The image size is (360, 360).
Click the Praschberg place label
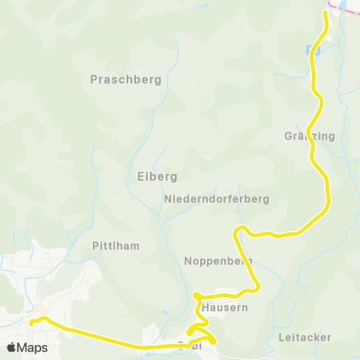[x=125, y=79]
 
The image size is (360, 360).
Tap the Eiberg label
[x=157, y=176]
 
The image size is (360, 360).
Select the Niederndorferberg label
[x=216, y=199]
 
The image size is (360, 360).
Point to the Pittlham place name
[x=115, y=245]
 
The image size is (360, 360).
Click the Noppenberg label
[x=217, y=261]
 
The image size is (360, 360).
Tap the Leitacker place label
[x=304, y=337]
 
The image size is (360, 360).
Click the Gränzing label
[x=309, y=136]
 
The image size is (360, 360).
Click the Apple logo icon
[x=11, y=347]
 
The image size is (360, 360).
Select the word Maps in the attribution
[x=32, y=347]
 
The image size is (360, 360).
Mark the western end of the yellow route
[x=31, y=322]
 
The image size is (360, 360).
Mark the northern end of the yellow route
[x=326, y=15]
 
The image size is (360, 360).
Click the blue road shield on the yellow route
[x=311, y=51]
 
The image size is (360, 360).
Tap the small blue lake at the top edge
[x=343, y=4]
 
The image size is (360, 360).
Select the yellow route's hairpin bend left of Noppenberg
[x=236, y=230]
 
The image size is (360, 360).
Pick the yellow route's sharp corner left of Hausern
[x=195, y=295]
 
